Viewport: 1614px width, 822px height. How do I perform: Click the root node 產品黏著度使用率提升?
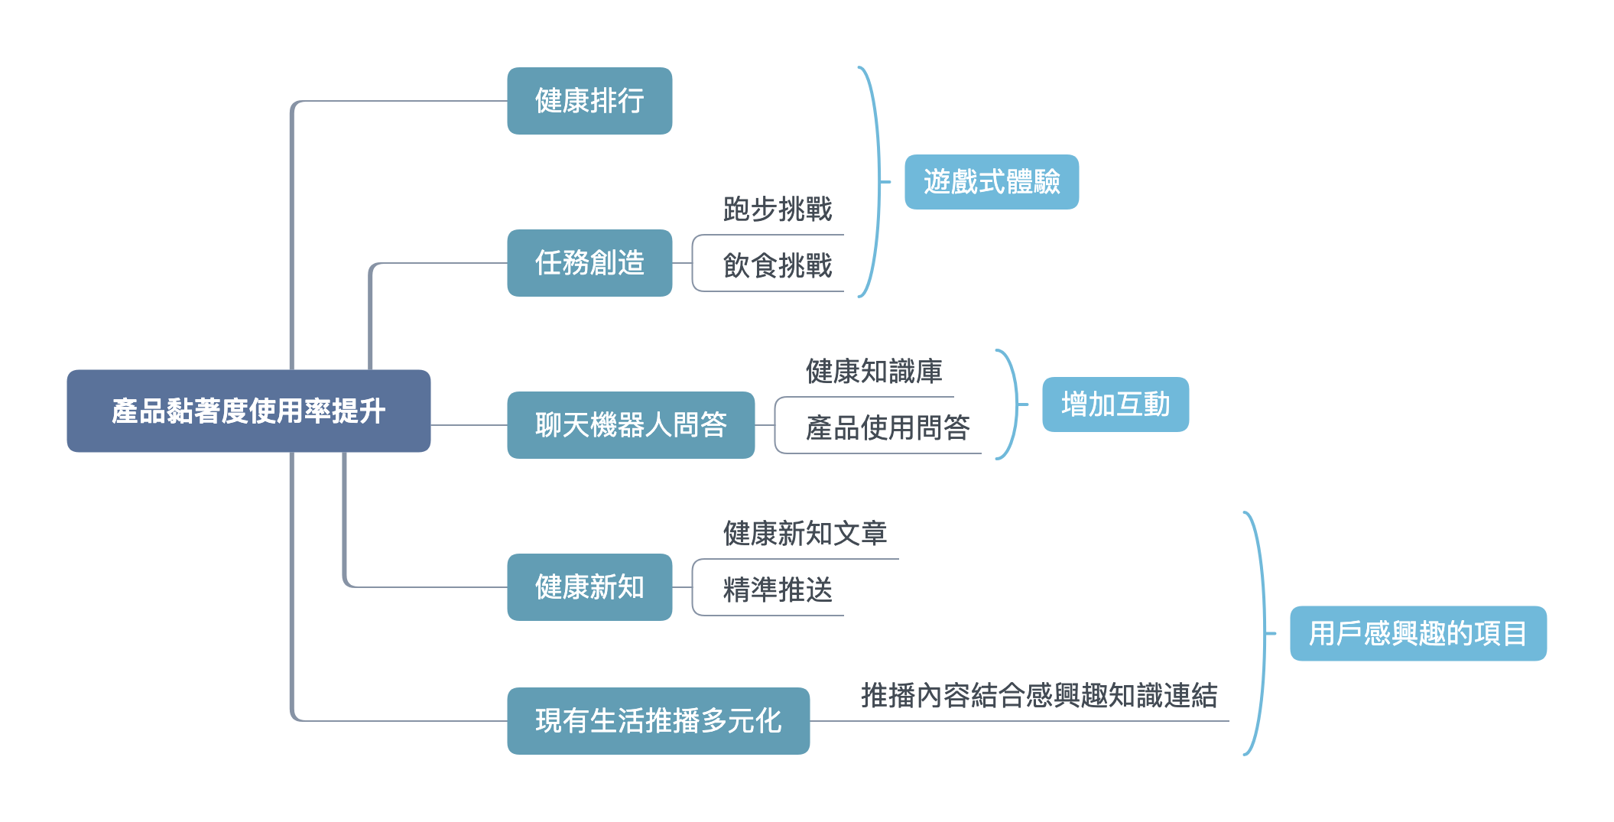tap(248, 411)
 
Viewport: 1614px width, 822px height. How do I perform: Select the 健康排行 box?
tap(589, 101)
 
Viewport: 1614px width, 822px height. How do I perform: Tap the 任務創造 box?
tap(589, 263)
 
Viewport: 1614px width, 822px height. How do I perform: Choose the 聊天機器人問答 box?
tap(631, 425)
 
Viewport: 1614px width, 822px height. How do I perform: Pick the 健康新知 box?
tap(589, 587)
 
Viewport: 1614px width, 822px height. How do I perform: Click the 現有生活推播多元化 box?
tap(658, 721)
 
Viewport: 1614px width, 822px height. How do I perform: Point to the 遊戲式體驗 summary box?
tap(992, 182)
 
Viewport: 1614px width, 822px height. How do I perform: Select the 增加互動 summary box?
tap(1116, 405)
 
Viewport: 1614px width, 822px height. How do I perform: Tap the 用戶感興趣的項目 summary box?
tap(1418, 633)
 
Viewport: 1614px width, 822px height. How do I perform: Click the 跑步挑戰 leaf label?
tap(778, 210)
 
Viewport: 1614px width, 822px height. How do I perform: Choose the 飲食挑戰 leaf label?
tap(778, 266)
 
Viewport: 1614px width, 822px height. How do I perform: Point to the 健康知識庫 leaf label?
tap(874, 372)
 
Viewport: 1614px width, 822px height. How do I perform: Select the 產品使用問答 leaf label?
tap(888, 428)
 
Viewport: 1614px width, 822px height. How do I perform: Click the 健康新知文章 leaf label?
tap(805, 534)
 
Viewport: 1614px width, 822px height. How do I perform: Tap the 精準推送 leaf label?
tap(778, 590)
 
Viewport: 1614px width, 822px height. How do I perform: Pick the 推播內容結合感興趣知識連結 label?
tap(1039, 696)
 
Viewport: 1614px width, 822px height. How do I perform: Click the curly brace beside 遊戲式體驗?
tap(878, 182)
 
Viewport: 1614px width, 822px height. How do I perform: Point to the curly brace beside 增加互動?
tap(1016, 405)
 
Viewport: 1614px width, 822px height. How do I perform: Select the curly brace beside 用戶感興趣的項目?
tap(1264, 633)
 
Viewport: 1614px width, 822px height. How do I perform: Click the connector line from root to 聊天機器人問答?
tap(469, 425)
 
